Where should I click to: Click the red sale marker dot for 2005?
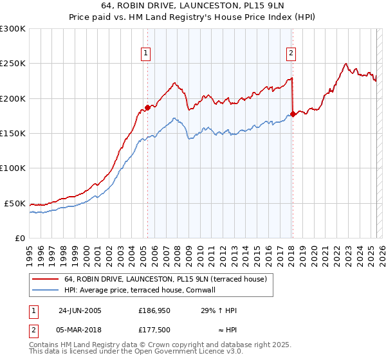point(147,108)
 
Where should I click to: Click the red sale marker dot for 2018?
point(293,114)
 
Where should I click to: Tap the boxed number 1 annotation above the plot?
point(147,53)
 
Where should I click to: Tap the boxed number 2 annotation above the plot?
point(291,53)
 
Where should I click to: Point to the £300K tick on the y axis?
point(13,29)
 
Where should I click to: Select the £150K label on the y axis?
point(13,134)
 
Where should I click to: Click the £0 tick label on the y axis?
point(20,238)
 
